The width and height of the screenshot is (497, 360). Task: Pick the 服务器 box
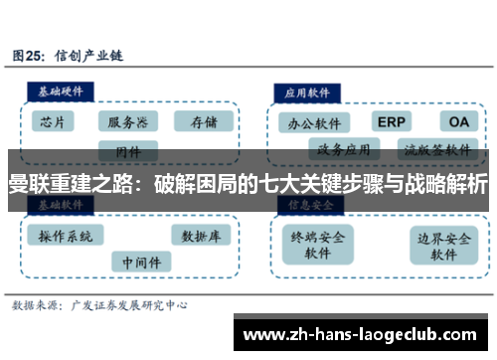coord(129,122)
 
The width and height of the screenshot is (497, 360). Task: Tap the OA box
coord(458,122)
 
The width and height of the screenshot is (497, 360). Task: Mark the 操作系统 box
coord(66,237)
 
